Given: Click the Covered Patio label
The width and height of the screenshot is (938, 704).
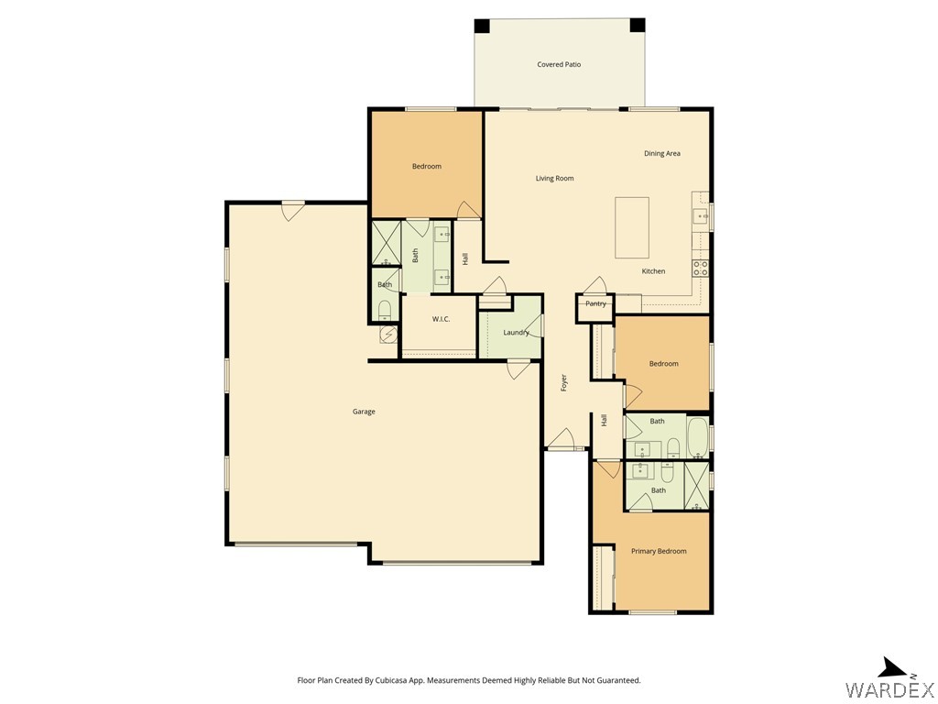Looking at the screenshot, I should click(559, 65).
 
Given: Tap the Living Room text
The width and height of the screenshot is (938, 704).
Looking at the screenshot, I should click(554, 179).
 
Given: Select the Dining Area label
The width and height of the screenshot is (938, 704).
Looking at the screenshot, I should click(661, 154).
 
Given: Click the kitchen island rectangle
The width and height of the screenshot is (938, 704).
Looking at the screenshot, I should click(631, 228).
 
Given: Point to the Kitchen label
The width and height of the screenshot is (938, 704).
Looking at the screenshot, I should click(653, 271).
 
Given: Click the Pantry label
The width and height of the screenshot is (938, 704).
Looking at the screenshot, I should click(595, 303).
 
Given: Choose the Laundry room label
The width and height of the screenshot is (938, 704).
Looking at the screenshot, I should click(516, 332).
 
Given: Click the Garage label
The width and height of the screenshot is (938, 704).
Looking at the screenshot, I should click(364, 412).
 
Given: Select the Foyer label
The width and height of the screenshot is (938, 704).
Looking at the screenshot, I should click(564, 383).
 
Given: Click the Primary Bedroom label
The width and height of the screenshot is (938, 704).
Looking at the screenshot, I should click(659, 551).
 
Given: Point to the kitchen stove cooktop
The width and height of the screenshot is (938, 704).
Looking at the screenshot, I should click(701, 269).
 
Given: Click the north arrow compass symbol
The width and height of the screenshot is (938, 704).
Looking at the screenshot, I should click(892, 667).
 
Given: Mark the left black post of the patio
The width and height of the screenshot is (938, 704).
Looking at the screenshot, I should click(482, 26).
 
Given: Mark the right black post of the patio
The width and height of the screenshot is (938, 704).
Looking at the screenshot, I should click(637, 26).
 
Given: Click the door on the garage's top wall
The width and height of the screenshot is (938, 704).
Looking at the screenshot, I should click(293, 210).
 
